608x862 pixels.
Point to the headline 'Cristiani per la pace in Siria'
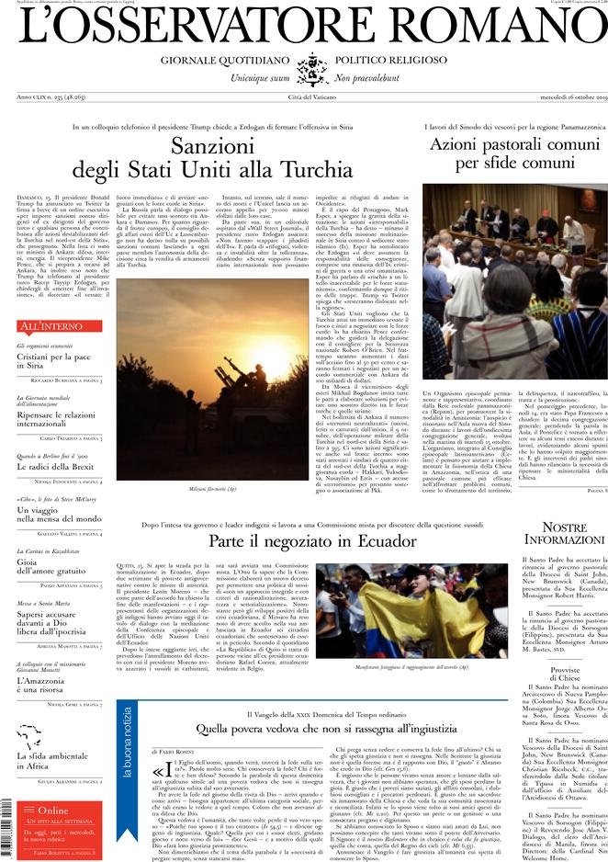(54, 360)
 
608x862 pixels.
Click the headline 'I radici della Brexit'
(55, 465)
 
